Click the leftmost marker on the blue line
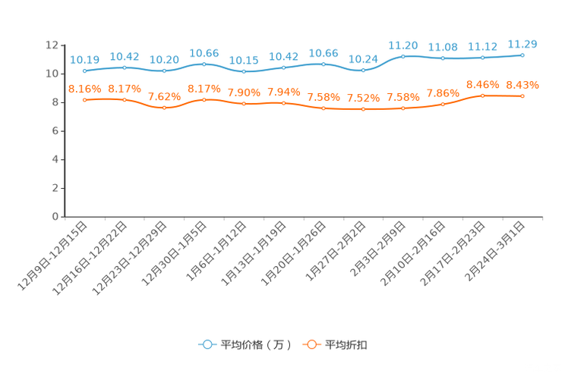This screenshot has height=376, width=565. click(84, 71)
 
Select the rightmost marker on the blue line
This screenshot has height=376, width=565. click(522, 55)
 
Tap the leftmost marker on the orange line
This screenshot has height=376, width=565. click(84, 100)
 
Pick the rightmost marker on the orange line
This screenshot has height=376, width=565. click(522, 96)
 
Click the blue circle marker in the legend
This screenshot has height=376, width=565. click(207, 344)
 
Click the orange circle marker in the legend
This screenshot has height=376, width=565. click(311, 344)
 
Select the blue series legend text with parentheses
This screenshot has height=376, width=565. click(256, 345)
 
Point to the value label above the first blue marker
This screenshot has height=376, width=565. click(84, 59)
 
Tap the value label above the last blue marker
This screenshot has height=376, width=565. click(522, 43)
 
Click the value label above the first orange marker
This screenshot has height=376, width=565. click(84, 89)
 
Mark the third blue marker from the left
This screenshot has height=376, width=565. click(164, 70)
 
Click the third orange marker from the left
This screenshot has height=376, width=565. click(164, 108)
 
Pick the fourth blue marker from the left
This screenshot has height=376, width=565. click(204, 64)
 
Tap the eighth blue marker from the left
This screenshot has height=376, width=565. click(363, 70)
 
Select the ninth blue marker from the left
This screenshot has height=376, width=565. click(402, 55)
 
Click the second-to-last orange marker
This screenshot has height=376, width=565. click(482, 96)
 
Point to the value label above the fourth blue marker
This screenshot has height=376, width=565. click(204, 52)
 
